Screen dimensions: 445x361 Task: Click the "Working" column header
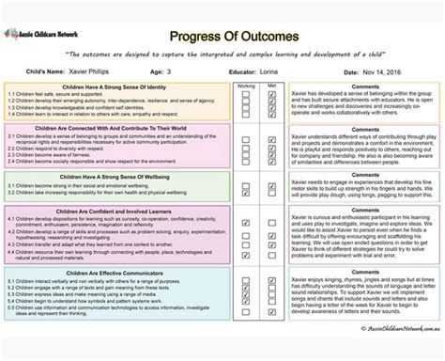[247, 85]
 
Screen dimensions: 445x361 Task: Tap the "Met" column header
[271, 85]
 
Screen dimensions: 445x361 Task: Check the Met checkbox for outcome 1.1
[271, 94]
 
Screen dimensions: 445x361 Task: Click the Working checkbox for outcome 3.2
[247, 193]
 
